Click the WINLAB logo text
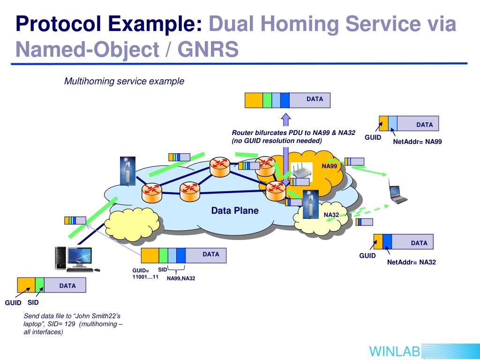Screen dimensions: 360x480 pyautogui.click(x=394, y=351)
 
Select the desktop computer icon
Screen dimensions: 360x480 pyautogui.click(x=75, y=259)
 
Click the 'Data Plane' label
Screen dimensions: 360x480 pyautogui.click(x=234, y=210)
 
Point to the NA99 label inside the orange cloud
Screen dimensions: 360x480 pyautogui.click(x=329, y=166)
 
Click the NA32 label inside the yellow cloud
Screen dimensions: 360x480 pyautogui.click(x=331, y=215)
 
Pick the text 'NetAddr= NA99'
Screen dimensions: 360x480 pyautogui.click(x=417, y=141)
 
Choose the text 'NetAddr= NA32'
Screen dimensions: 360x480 pyautogui.click(x=411, y=262)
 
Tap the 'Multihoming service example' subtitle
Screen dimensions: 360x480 pyautogui.click(x=124, y=81)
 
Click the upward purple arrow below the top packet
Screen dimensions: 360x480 pyautogui.click(x=286, y=119)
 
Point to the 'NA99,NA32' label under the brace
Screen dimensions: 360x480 pyautogui.click(x=181, y=278)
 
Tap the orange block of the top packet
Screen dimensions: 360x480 pyautogui.click(x=254, y=100)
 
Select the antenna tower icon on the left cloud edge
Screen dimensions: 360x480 pyautogui.click(x=127, y=171)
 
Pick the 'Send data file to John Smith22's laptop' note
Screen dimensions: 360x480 pyautogui.click(x=73, y=324)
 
